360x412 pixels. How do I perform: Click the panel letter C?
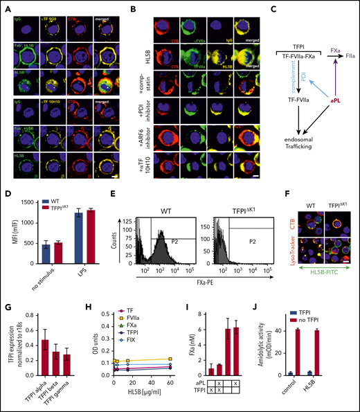coord(257,10)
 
